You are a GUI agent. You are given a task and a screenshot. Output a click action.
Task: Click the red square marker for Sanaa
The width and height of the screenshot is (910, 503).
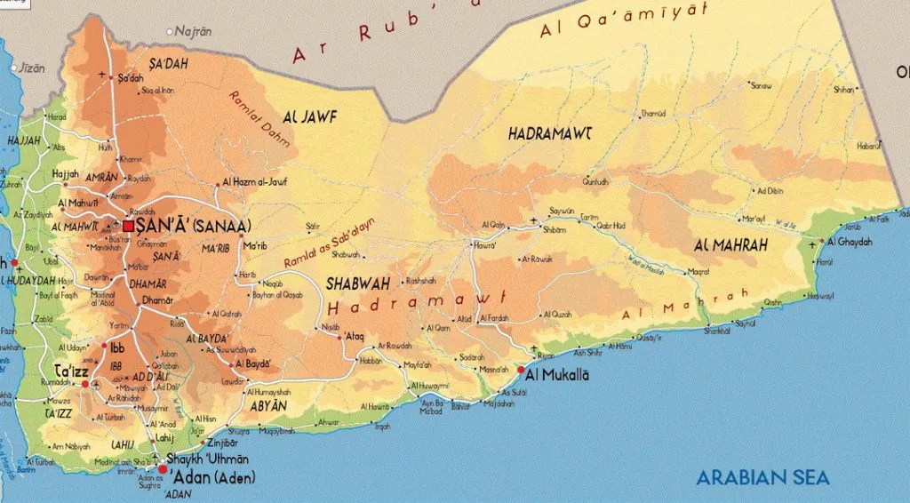point(129,227)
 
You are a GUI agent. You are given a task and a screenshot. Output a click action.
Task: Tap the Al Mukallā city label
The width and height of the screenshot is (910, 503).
point(557,375)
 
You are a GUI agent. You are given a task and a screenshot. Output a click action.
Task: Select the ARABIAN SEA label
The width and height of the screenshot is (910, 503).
point(762,478)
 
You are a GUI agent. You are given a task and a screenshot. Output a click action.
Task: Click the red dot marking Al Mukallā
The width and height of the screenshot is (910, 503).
point(521,370)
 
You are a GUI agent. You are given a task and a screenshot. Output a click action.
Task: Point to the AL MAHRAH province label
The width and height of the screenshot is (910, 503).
point(730,244)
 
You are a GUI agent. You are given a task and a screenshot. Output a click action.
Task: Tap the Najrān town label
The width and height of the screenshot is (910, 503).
point(194,31)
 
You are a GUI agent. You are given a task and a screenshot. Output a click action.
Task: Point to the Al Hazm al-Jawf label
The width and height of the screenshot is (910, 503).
point(255,182)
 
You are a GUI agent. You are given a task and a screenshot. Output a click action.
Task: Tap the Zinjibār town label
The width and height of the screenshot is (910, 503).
point(221,442)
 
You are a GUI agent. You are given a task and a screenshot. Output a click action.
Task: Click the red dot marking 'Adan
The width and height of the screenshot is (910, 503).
point(162,468)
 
